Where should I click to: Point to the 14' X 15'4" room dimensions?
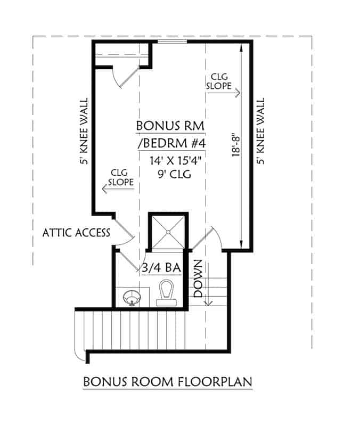point(171,160)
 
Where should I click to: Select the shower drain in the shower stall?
point(168,232)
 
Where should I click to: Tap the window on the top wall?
point(172,41)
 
